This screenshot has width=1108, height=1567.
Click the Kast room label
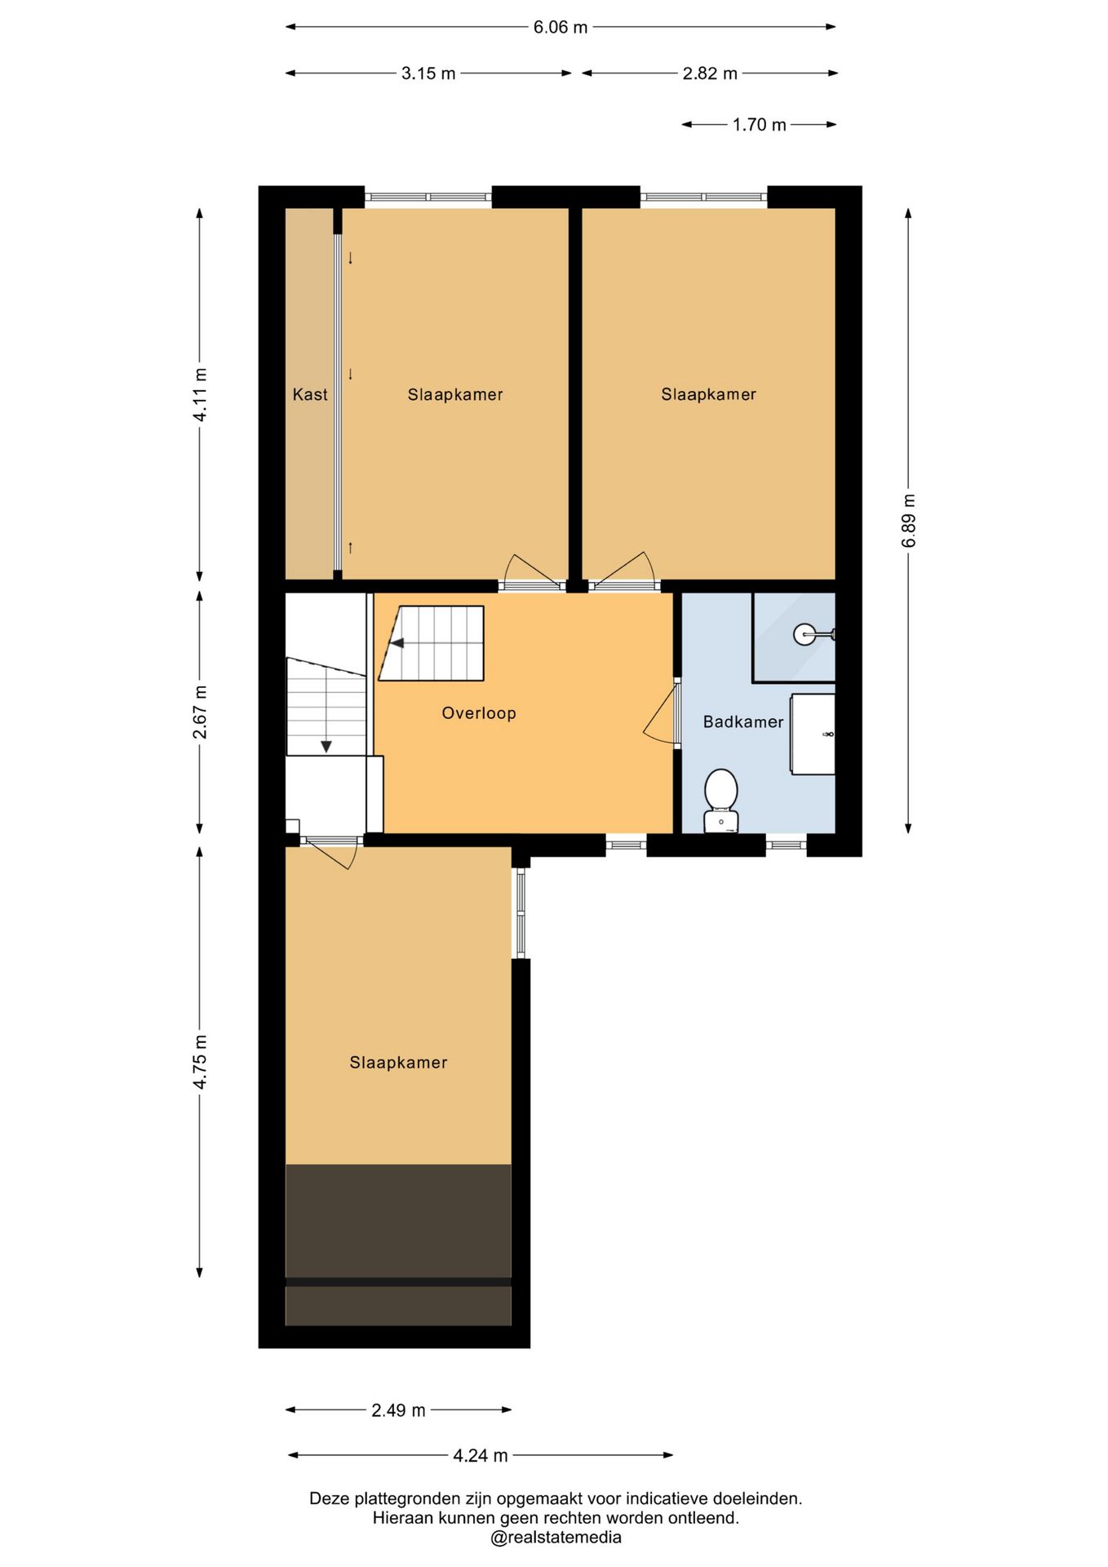310,395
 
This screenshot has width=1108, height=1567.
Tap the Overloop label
479,713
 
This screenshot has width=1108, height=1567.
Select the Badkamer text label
743,722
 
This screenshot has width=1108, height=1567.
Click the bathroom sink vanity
813,734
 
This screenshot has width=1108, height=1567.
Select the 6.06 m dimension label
561,28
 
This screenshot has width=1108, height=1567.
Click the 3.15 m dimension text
428,74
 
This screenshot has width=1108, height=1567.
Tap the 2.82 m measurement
710,74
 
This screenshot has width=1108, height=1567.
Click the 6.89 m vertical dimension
909,521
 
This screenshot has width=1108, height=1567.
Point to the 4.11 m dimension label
200,395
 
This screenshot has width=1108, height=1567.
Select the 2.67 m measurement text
200,712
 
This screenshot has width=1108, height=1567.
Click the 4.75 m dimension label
200,1062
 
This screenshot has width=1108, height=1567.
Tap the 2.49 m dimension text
398,1411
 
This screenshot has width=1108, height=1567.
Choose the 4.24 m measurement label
481,1456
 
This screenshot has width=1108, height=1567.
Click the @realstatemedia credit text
556,1538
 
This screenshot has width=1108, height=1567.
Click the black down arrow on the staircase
326,745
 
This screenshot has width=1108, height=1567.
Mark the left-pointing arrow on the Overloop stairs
397,643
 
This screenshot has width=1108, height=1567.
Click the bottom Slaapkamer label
398,1063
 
